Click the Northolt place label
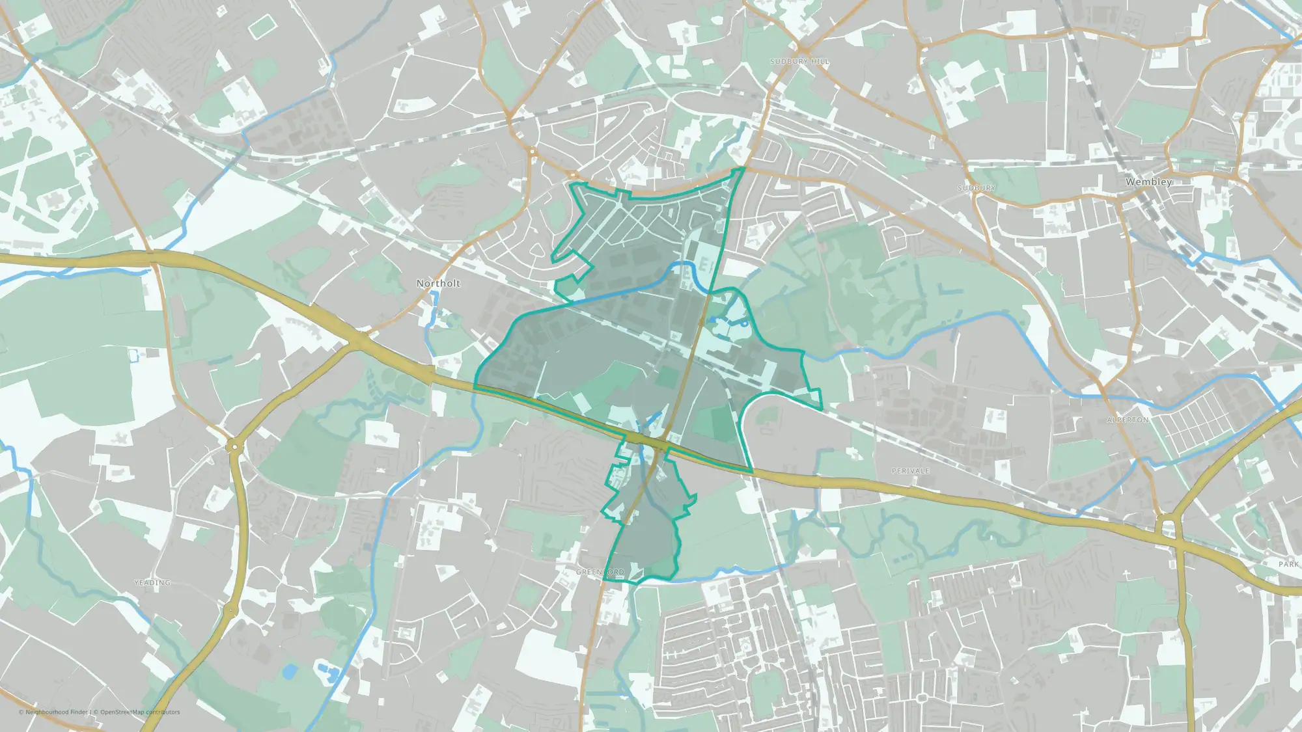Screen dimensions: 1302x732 coord(438,283)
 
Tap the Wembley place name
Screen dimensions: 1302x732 coord(1149,182)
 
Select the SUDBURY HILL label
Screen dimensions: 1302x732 coord(799,61)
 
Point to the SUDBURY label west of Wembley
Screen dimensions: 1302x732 coord(976,188)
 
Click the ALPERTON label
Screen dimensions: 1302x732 coord(1128,420)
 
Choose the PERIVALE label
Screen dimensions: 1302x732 coord(910,470)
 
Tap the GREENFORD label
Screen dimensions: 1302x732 coord(600,572)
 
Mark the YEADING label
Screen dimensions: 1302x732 coord(152,582)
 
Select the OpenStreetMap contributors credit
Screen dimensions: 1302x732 coord(139,712)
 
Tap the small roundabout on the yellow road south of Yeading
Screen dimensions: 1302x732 coord(229,610)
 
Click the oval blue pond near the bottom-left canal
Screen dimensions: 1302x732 coord(290,671)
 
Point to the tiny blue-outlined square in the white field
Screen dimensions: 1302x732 coord(133,355)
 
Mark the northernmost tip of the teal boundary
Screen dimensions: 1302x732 coord(742,168)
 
